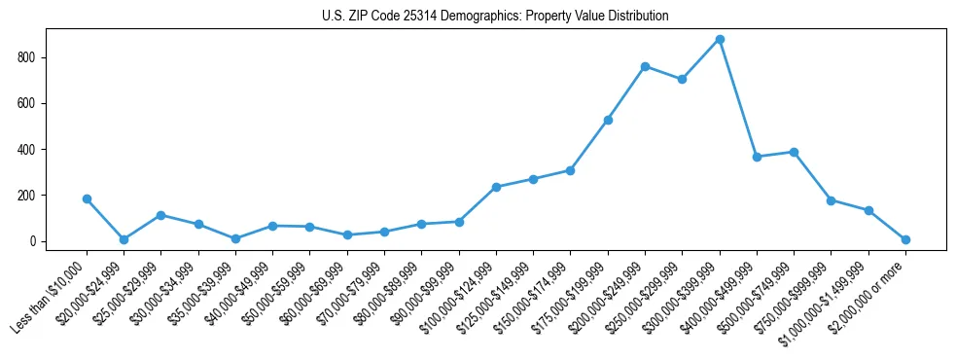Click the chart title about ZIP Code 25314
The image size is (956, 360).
pos(495,17)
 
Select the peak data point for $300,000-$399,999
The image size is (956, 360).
pos(720,40)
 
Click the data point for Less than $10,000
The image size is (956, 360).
pos(87,198)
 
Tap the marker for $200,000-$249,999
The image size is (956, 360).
pos(645,66)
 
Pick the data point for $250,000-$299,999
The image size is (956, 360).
pos(682,79)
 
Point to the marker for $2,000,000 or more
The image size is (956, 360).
pos(905,239)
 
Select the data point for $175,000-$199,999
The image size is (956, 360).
pos(608,120)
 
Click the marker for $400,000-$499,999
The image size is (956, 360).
pos(757,157)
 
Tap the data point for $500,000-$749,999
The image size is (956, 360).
pos(794,152)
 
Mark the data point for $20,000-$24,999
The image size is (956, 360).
pos(124,239)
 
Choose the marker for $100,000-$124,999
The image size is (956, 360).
pos(496,187)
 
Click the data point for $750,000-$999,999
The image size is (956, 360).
pos(831,200)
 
